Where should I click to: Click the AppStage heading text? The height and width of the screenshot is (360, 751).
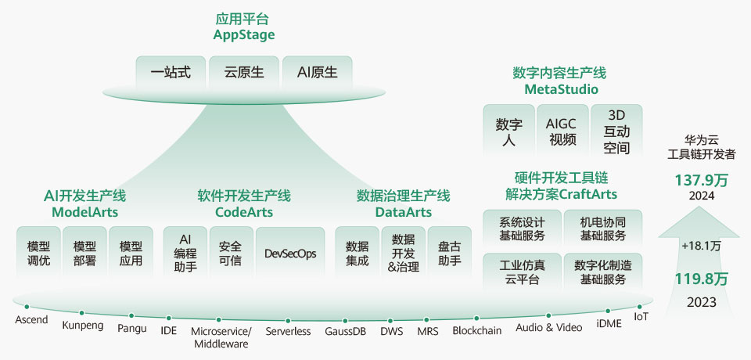(244, 35)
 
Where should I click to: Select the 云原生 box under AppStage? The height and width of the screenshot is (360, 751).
(244, 73)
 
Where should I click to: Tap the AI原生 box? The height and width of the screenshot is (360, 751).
(317, 73)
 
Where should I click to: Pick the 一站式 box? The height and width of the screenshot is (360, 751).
(171, 73)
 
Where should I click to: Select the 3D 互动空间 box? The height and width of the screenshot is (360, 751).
(616, 131)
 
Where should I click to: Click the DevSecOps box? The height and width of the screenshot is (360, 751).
(289, 254)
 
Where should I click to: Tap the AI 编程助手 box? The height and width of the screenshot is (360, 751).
(185, 253)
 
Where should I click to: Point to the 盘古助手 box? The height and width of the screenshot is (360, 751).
(449, 253)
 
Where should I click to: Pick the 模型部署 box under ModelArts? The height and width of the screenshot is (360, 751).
(84, 253)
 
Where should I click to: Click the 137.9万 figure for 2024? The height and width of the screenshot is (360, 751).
(701, 180)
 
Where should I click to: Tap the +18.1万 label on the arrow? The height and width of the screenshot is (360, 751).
(701, 246)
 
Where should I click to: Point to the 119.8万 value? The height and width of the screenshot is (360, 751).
(701, 279)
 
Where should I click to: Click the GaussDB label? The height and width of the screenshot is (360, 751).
(345, 331)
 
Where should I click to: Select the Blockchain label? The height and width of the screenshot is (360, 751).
(477, 330)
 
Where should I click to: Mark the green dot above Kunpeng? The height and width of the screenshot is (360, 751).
(81, 312)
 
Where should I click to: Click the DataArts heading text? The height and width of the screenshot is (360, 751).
(403, 212)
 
